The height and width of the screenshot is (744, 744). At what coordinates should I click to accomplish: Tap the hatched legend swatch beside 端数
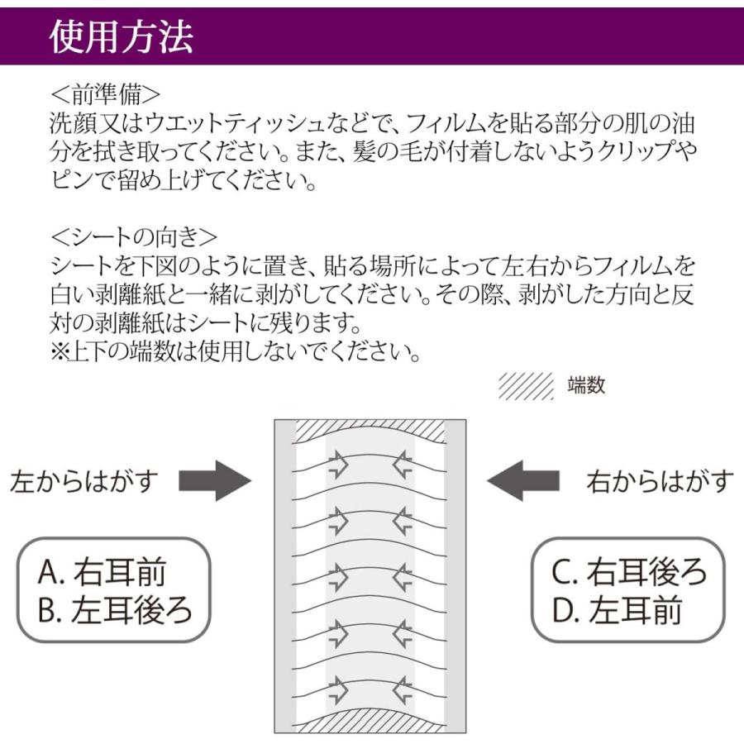[x=526, y=385]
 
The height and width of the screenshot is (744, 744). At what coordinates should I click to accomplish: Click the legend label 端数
[x=586, y=385]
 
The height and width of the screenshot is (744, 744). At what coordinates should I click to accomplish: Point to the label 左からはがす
[x=83, y=482]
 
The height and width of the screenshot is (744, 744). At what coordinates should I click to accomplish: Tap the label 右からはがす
[x=659, y=481]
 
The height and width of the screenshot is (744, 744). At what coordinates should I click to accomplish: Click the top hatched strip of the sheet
[x=370, y=431]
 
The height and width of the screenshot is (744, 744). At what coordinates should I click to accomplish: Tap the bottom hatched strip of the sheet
[x=370, y=721]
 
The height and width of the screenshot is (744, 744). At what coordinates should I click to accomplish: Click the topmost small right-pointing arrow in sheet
[x=338, y=467]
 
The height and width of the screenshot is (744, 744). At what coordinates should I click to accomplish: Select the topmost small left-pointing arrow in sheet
[x=403, y=467]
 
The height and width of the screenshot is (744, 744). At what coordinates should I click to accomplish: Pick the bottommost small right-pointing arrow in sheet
[x=338, y=688]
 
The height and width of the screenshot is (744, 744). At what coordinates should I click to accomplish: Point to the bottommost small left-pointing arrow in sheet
[x=403, y=688]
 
